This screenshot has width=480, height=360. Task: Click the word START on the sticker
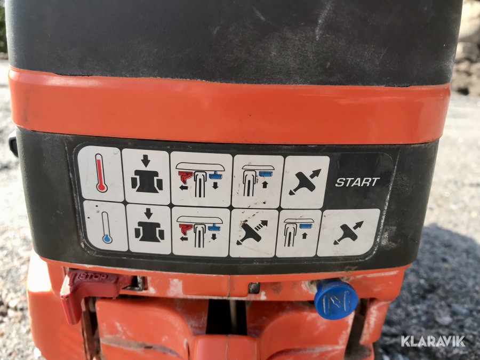tap(357, 182)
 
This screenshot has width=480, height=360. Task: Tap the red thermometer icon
tap(101, 173)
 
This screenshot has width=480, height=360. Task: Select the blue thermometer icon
tap(107, 227)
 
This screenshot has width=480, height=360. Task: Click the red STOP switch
tap(89, 291)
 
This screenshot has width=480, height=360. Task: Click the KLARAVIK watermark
tap(433, 341)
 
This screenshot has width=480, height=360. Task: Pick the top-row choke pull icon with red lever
tap(201, 179)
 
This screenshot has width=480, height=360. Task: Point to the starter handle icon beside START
tap(305, 182)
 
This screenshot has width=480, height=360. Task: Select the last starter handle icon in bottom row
tap(348, 233)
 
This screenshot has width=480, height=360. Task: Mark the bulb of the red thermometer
tap(101, 187)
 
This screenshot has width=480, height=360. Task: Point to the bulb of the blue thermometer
tap(107, 238)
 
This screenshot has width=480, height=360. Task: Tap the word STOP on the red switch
tap(93, 277)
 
